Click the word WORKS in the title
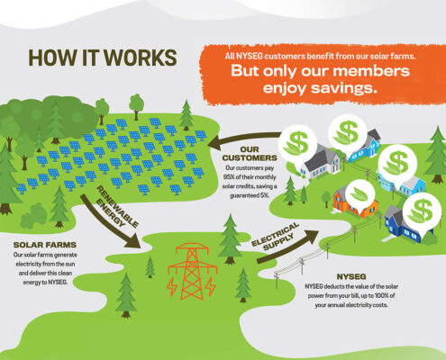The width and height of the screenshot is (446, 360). (141, 58)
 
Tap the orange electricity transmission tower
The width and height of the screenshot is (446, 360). (192, 272)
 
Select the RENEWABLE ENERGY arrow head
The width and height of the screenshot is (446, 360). (132, 240)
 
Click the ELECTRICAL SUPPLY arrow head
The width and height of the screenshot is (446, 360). (310, 237)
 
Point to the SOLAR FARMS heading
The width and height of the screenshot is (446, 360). (45, 245)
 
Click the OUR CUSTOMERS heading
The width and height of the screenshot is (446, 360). (250, 154)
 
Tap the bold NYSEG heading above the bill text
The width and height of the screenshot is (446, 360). (351, 276)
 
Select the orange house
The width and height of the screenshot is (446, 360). (354, 204)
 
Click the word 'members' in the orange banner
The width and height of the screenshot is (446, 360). (371, 71)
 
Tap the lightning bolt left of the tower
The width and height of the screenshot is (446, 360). (172, 286)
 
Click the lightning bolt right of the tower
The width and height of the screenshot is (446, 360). (211, 286)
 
